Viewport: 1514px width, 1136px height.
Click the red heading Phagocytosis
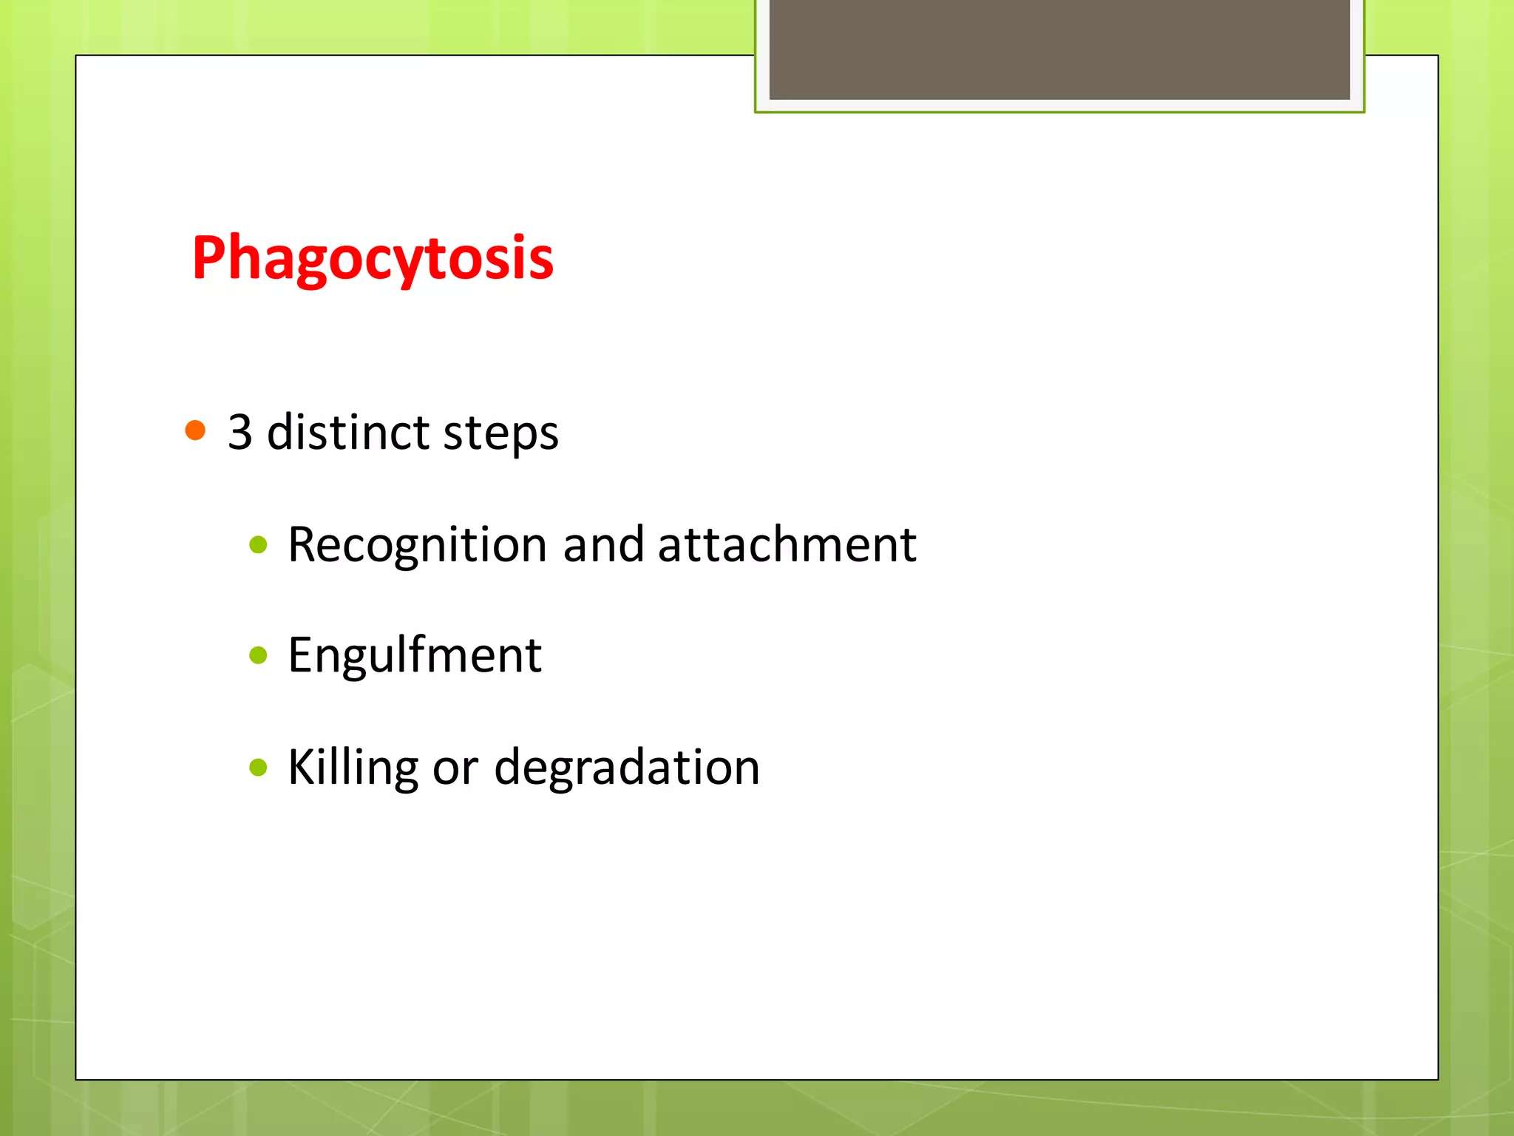pyautogui.click(x=373, y=258)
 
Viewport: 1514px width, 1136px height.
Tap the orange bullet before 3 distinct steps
pyautogui.click(x=195, y=430)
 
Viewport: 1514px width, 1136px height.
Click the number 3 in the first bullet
pyautogui.click(x=240, y=432)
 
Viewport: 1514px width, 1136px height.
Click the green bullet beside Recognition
pyautogui.click(x=258, y=546)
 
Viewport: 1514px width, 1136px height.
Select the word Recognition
pyautogui.click(x=418, y=546)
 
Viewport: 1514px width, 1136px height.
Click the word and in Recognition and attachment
pyautogui.click(x=603, y=544)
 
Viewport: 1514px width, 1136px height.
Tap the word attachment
pyautogui.click(x=787, y=544)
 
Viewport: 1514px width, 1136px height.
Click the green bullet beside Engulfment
pyautogui.click(x=258, y=655)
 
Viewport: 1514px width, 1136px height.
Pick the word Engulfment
pyautogui.click(x=415, y=655)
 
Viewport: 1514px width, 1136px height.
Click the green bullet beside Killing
pyautogui.click(x=258, y=767)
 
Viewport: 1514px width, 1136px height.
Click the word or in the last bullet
pyautogui.click(x=455, y=769)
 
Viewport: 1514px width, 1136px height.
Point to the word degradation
pyautogui.click(x=627, y=767)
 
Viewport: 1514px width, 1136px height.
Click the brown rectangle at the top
pyautogui.click(x=1059, y=49)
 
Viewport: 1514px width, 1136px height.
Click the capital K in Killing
pyautogui.click(x=302, y=766)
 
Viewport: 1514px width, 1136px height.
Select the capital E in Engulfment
pyautogui.click(x=302, y=655)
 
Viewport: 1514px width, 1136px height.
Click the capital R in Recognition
pyautogui.click(x=304, y=545)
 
